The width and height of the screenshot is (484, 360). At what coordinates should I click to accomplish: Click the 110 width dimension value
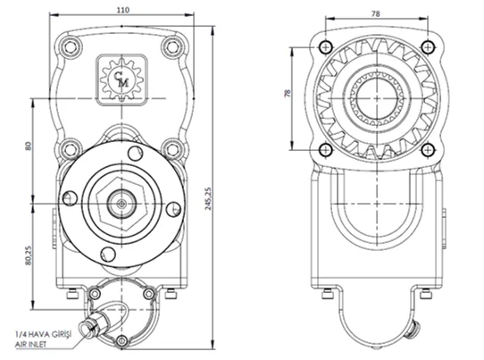coord(123,10)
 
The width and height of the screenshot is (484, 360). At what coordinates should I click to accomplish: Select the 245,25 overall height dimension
coord(208,198)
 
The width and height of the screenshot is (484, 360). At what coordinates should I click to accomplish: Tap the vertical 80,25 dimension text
coord(29,255)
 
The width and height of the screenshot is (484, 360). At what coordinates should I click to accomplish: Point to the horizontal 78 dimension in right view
coord(376,14)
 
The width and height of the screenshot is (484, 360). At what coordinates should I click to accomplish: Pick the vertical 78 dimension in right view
coord(288,93)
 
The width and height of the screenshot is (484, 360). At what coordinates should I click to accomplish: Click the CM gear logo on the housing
coord(122,80)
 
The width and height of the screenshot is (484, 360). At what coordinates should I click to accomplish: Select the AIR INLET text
coord(31,344)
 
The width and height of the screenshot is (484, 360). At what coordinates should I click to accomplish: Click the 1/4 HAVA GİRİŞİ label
coord(44,334)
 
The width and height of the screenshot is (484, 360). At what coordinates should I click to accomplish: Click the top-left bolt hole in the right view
coord(325,47)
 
